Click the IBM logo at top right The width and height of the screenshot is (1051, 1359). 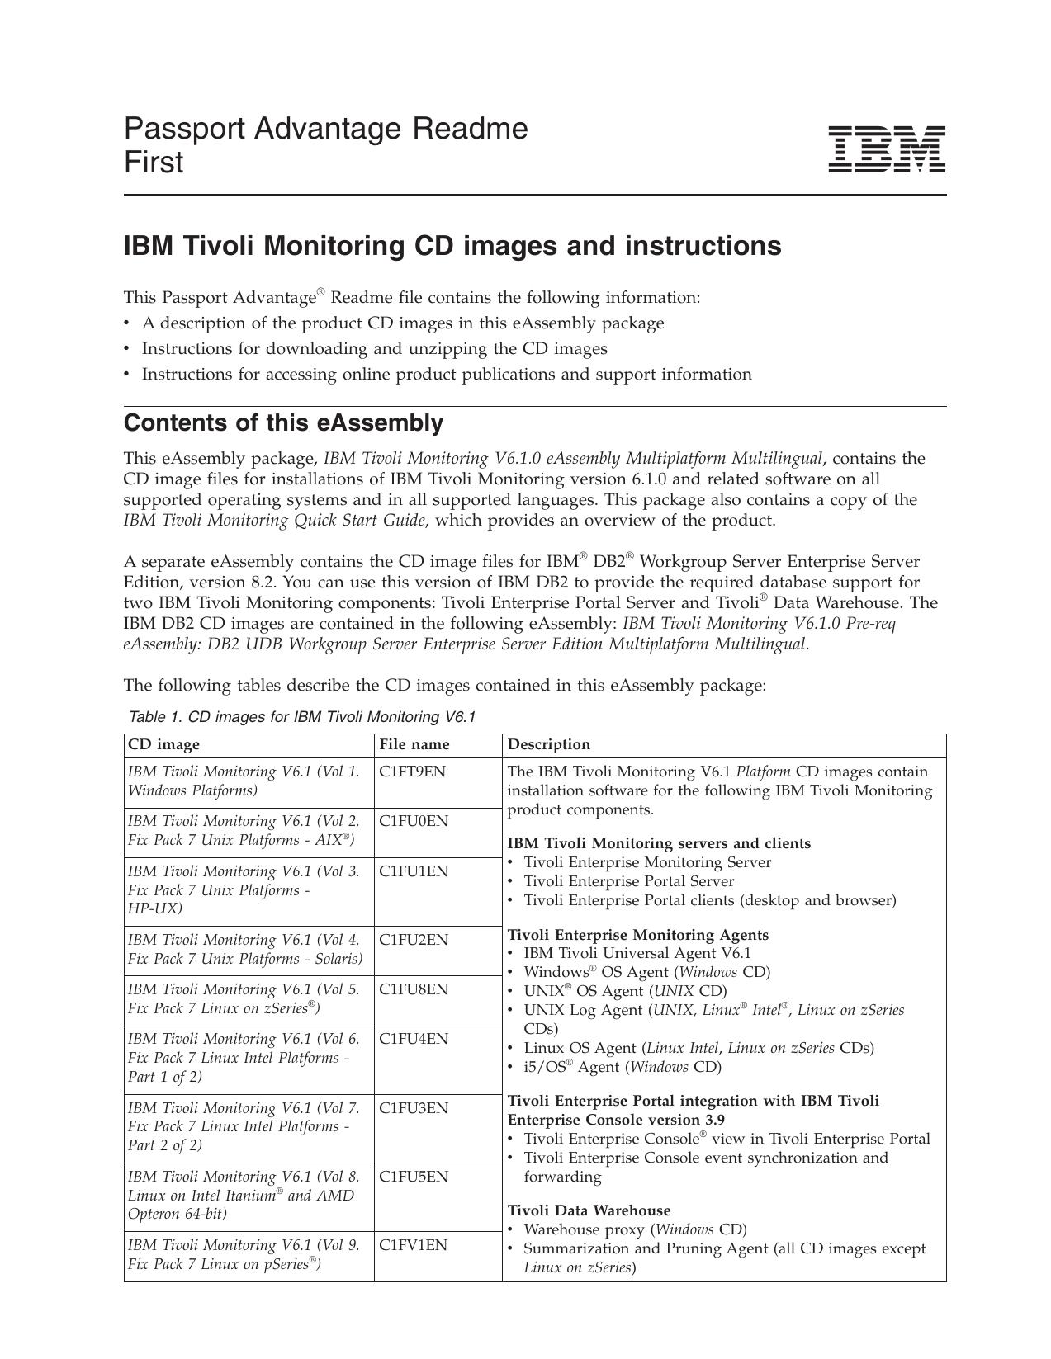pyautogui.click(x=886, y=149)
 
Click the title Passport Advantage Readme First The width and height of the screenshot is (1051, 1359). pyautogui.click(x=325, y=145)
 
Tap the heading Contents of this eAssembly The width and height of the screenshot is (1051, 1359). pyautogui.click(x=283, y=423)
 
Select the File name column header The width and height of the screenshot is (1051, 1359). pyautogui.click(x=414, y=744)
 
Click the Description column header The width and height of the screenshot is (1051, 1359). pyautogui.click(x=549, y=744)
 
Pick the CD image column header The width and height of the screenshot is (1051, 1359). pyautogui.click(x=163, y=744)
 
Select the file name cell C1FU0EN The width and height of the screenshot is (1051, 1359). pyautogui.click(x=414, y=821)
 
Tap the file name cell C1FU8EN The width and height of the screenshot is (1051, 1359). pyautogui.click(x=414, y=989)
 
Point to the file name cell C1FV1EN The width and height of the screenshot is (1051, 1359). pyautogui.click(x=413, y=1245)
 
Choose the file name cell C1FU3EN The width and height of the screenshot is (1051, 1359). pyautogui.click(x=414, y=1108)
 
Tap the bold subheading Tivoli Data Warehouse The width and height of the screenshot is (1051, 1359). pyautogui.click(x=589, y=1210)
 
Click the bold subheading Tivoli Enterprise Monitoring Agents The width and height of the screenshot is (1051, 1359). pyautogui.click(x=637, y=935)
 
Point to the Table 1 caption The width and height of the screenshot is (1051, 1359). pyautogui.click(x=302, y=716)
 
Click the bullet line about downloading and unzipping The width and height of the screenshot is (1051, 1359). pyautogui.click(x=374, y=348)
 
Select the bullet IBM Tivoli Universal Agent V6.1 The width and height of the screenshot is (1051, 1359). pyautogui.click(x=637, y=953)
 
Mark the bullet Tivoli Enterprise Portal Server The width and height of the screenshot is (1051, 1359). pyautogui.click(x=628, y=881)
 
